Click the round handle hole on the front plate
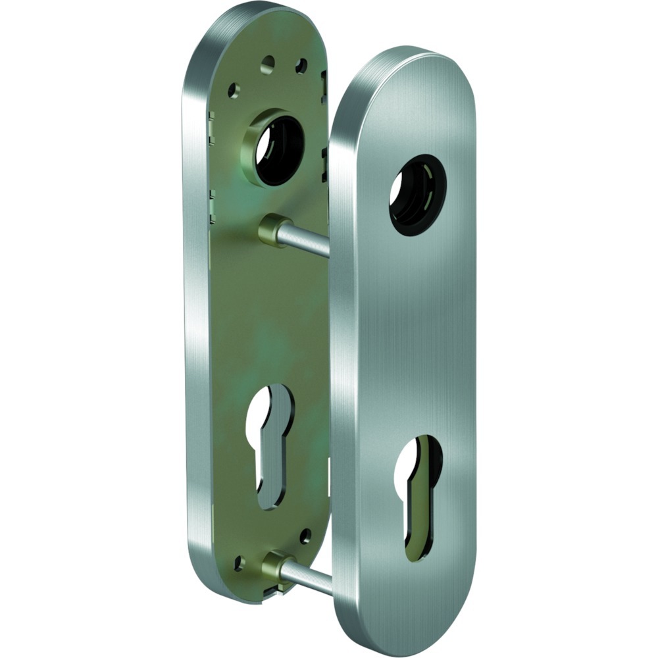(417, 195)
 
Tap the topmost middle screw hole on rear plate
(267, 63)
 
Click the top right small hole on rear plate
(301, 66)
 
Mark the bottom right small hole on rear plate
(305, 536)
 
